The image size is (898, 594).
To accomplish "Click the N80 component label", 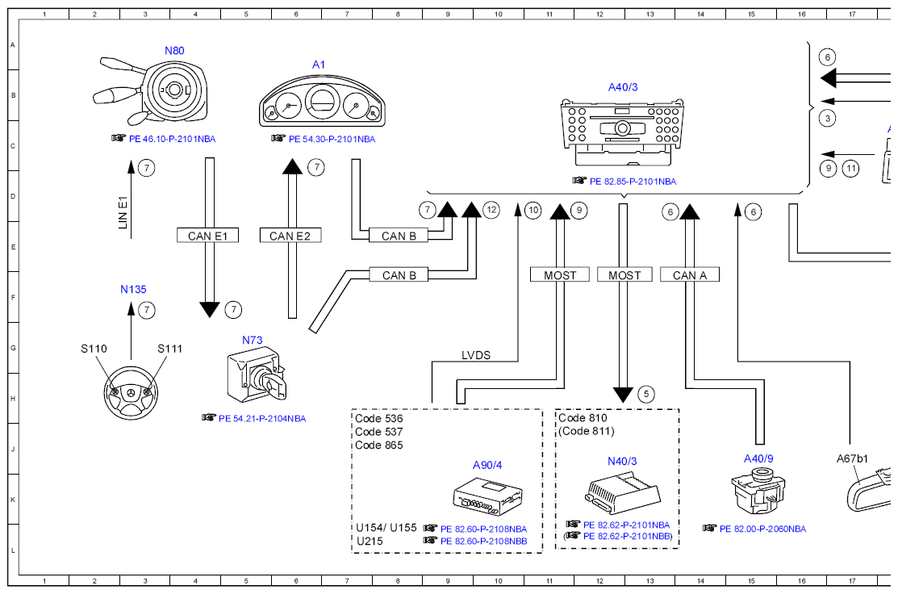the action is pos(174,50).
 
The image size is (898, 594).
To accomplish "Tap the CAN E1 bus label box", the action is pos(207,236).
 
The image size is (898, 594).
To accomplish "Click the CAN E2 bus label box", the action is pos(290,236).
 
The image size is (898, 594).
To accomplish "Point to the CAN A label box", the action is pos(690,275).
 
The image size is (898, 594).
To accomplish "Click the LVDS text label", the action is pos(476,355).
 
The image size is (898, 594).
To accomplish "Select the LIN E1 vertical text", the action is pos(123,212).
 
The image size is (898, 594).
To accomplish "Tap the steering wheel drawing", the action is pos(132,393).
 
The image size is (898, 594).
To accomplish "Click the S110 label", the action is pos(94,349).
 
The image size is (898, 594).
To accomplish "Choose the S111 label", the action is pos(169,349).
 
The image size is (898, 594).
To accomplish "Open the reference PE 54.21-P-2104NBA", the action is pos(261,419).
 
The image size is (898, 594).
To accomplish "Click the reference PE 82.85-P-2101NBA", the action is pos(633,182).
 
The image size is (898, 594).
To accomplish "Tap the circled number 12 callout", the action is pos(491,210).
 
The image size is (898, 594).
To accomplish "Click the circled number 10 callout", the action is pos(533,210).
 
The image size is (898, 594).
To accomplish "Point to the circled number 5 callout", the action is pos(646,394).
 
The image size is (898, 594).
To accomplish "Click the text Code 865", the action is pos(378,445).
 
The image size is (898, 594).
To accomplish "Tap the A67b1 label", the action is pos(852,458).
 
